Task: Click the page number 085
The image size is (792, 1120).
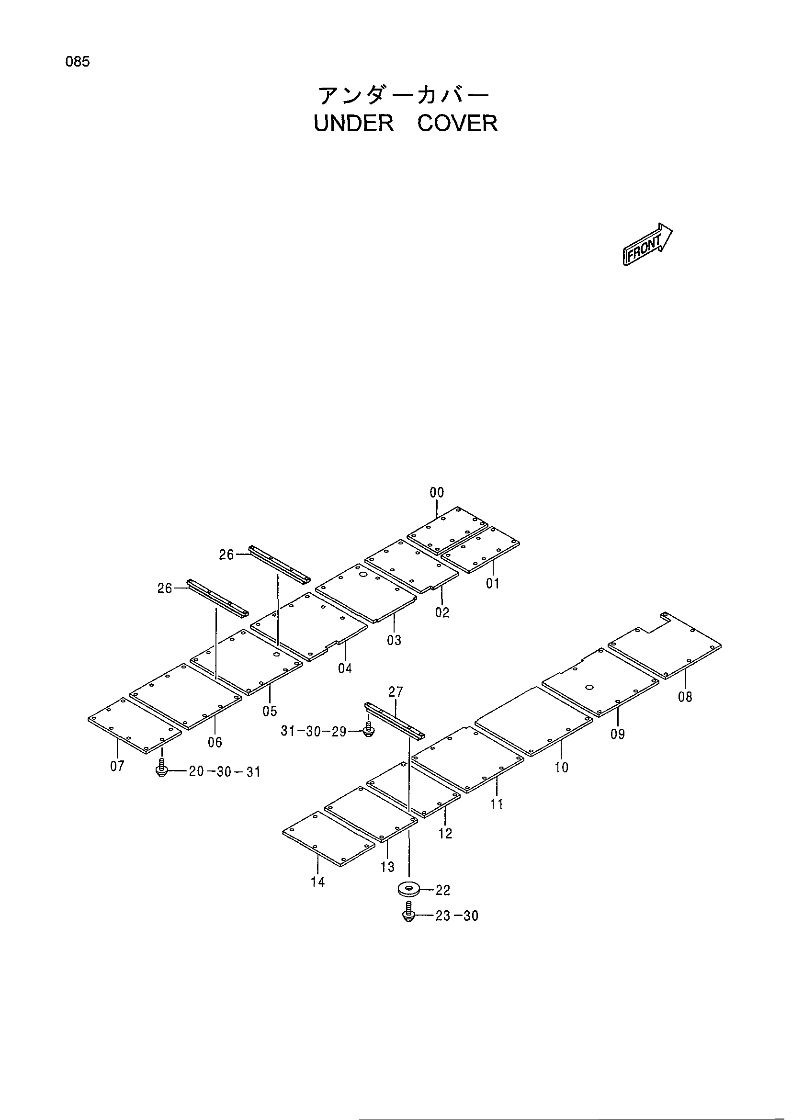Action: point(78,62)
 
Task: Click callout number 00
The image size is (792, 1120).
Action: point(437,493)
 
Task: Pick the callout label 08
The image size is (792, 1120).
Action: point(685,697)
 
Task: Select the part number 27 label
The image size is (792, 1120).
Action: point(396,692)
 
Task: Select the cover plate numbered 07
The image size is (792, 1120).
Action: point(135,725)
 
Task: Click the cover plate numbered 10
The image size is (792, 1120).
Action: point(534,722)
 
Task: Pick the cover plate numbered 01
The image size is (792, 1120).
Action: point(480,550)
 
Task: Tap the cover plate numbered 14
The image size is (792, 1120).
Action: point(328,839)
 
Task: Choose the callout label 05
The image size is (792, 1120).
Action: point(270,711)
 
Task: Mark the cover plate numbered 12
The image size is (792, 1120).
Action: point(413,790)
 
